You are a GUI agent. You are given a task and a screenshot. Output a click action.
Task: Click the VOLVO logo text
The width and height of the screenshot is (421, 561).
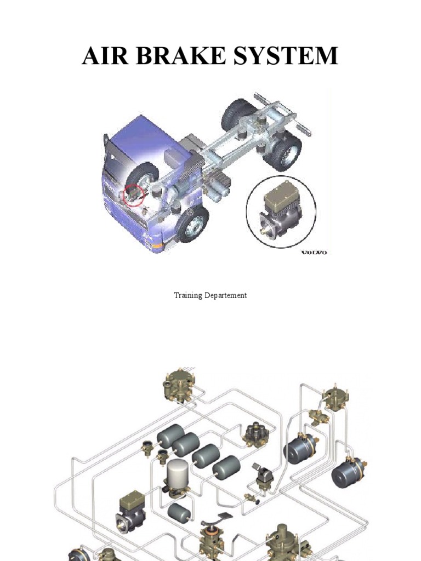coord(314,252)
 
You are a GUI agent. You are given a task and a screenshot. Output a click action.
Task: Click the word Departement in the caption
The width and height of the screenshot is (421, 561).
coord(226,295)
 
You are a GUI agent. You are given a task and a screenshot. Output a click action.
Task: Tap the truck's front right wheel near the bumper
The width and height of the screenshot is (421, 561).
coord(192,224)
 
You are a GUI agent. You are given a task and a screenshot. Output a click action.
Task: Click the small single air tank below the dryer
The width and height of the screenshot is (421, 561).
coord(179,513)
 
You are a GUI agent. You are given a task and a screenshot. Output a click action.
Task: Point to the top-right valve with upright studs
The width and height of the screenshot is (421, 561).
coord(334,398)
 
